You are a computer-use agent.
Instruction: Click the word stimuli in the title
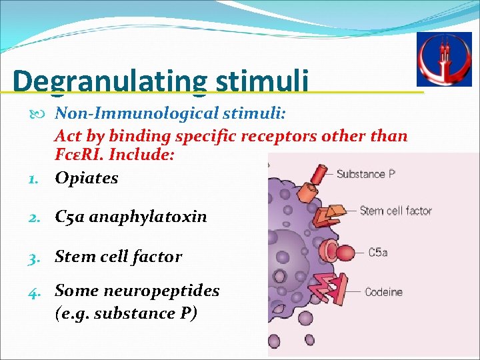coord(262,81)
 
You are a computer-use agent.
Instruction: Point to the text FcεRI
coord(81,154)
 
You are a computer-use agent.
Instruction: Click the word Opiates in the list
coord(87,178)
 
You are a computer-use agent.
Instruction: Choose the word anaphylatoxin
coord(148,217)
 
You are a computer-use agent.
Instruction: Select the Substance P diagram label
coord(365,175)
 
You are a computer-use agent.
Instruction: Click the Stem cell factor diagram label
coord(396,211)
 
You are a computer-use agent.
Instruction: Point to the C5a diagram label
coord(379,253)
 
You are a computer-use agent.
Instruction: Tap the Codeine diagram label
coord(383,292)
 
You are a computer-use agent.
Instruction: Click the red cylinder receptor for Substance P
coord(319,174)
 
